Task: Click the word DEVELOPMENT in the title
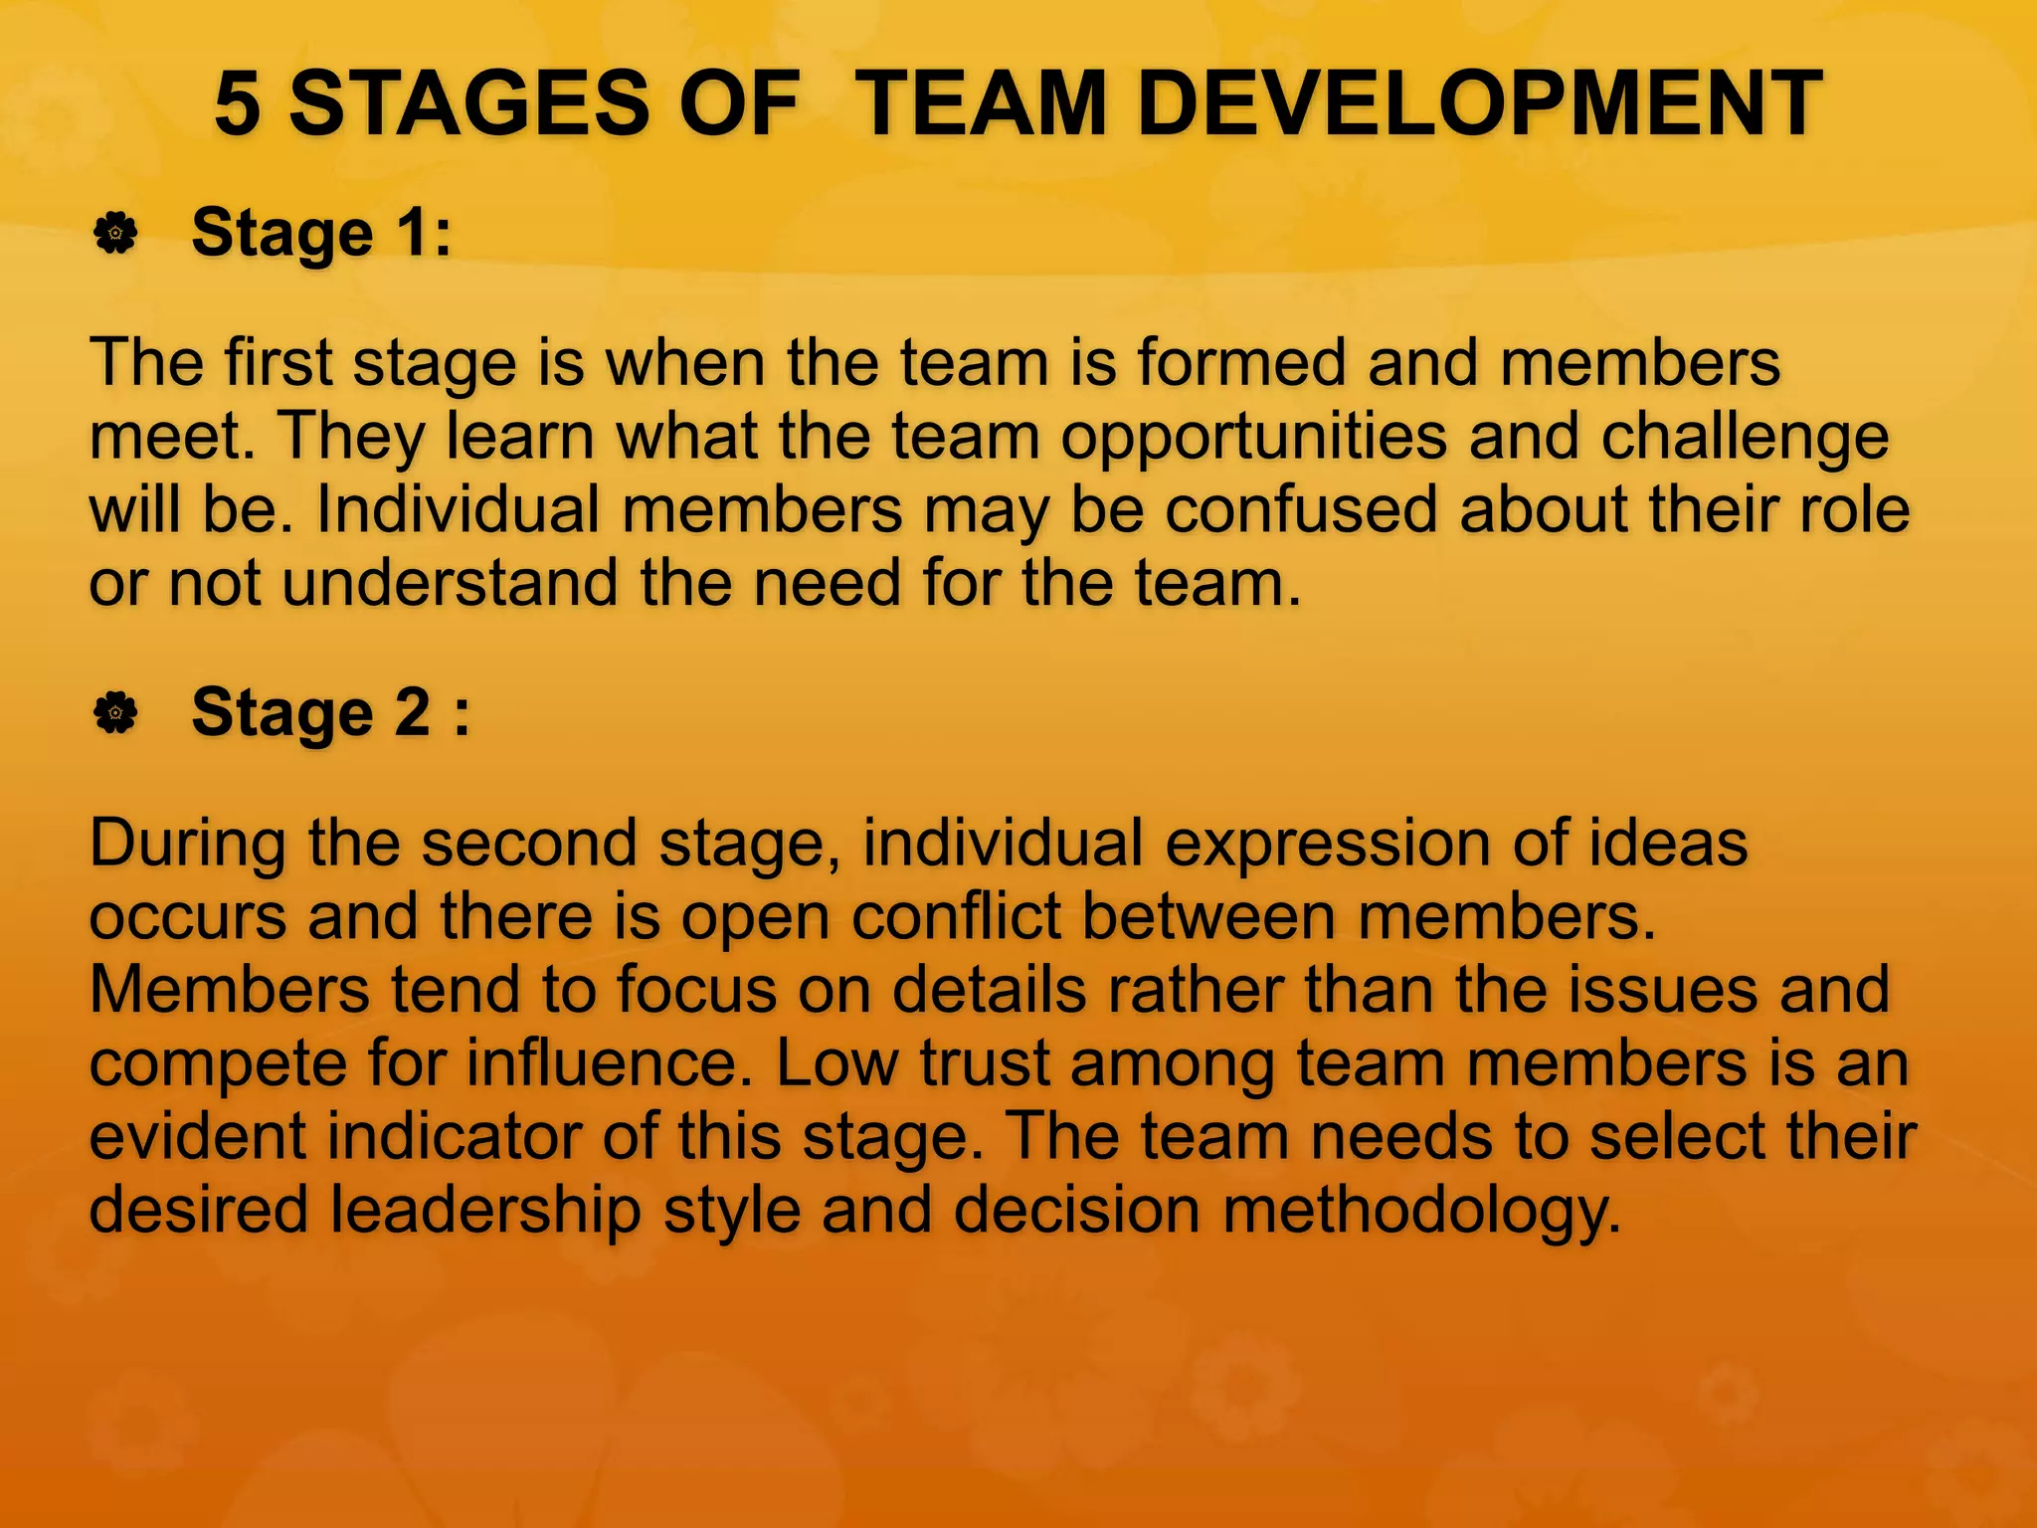click(x=1479, y=103)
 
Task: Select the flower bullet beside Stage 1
click(x=115, y=234)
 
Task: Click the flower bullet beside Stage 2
click(x=115, y=713)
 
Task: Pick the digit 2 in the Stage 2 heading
click(x=413, y=712)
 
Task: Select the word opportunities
click(x=1253, y=437)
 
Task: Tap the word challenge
click(x=1745, y=437)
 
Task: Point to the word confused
click(x=1301, y=509)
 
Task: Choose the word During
click(x=187, y=844)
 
